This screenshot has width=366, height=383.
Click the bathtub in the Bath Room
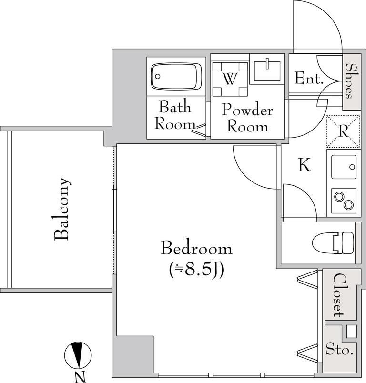pyautogui.click(x=176, y=76)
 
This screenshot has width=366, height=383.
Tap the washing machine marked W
pyautogui.click(x=230, y=79)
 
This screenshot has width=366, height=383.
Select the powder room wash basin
pyautogui.click(x=267, y=71)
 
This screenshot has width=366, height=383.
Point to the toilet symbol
pyautogui.click(x=333, y=243)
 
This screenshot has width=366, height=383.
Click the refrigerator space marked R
pyautogui.click(x=343, y=131)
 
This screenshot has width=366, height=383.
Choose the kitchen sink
pyautogui.click(x=344, y=167)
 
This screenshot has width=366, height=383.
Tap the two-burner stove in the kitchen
pyautogui.click(x=344, y=201)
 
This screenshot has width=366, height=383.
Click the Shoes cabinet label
pyautogui.click(x=352, y=81)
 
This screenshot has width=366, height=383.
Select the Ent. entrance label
pyautogui.click(x=309, y=78)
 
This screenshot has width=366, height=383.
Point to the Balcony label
pyautogui.click(x=61, y=209)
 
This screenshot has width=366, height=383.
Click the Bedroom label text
pyautogui.click(x=196, y=248)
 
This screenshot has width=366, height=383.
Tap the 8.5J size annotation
pyautogui.click(x=196, y=270)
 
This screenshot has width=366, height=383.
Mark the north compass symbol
pyautogui.click(x=78, y=355)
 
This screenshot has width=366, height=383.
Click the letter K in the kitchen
pyautogui.click(x=304, y=165)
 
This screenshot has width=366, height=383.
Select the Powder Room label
pyautogui.click(x=247, y=118)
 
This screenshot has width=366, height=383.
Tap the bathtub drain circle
pyautogui.click(x=158, y=76)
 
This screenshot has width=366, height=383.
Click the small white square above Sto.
pyautogui.click(x=352, y=332)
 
